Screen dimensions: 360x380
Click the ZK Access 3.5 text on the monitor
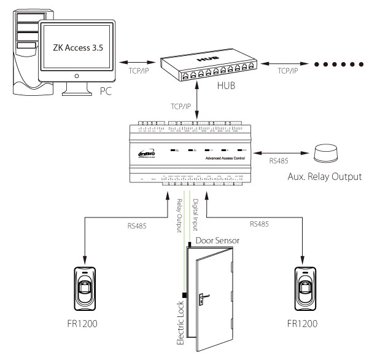[x=77, y=47]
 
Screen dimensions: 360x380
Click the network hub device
[x=212, y=65]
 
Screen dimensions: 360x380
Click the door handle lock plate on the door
[x=201, y=300]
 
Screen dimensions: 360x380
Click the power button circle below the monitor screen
[x=77, y=76]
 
